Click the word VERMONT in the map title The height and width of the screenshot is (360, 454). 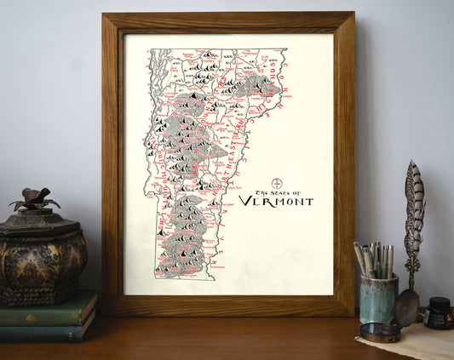[275, 202]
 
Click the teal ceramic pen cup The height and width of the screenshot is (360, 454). [378, 299]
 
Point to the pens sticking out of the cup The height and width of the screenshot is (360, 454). [374, 260]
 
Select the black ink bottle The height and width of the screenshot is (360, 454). [440, 314]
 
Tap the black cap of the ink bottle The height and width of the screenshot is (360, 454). [440, 302]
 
